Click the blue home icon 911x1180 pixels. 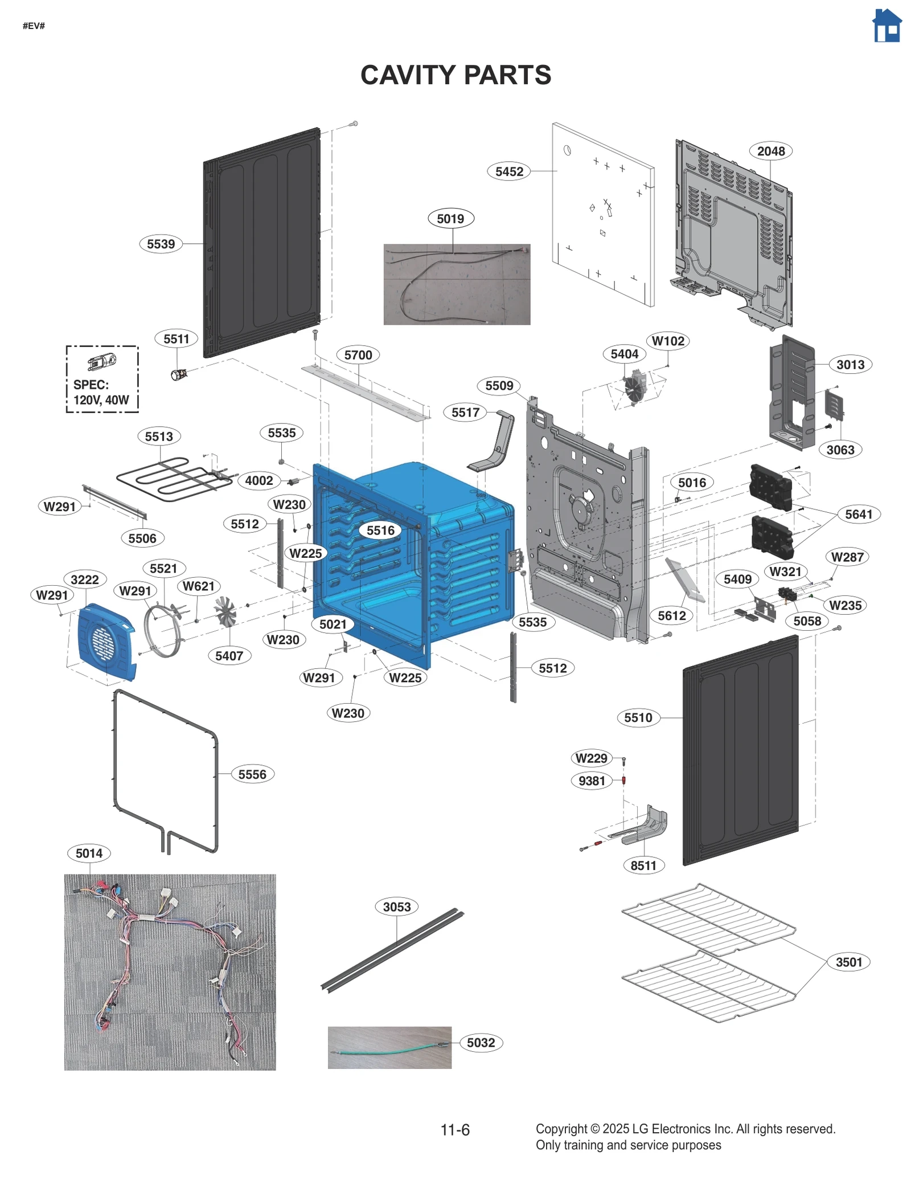886,26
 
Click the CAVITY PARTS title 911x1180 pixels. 455,75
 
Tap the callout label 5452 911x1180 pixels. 508,172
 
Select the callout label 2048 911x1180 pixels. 770,151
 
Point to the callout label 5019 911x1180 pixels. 450,219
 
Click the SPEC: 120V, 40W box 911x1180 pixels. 102,379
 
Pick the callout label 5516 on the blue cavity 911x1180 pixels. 380,530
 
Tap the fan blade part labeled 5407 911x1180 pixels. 225,612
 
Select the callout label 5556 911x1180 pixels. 252,774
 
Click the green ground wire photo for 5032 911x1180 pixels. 389,1047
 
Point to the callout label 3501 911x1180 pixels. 848,962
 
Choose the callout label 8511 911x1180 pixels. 643,865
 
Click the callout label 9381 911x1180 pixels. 592,781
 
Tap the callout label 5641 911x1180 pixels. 858,515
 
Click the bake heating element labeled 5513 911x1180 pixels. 171,479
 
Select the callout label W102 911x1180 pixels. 668,341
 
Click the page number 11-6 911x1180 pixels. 455,1129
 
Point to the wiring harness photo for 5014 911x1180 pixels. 170,971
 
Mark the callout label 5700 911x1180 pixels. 358,355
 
